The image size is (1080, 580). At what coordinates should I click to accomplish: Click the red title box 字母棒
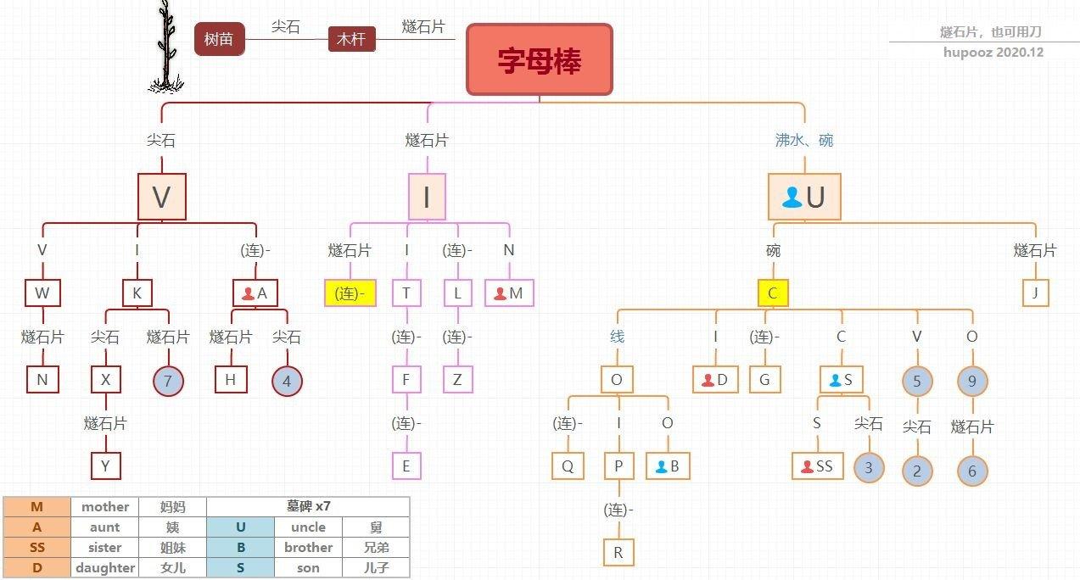(x=540, y=60)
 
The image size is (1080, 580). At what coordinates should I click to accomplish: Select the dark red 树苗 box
(x=219, y=39)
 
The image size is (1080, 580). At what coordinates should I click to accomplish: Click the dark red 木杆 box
(x=351, y=39)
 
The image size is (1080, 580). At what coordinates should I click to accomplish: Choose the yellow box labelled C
(x=773, y=293)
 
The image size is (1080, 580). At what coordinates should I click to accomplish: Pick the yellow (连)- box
(x=350, y=293)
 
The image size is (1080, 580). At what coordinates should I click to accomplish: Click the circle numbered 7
(x=168, y=381)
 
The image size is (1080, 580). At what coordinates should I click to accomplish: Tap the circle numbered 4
(x=287, y=381)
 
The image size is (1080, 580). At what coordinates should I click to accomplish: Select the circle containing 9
(x=972, y=381)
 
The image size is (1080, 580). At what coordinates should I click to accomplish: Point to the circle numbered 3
(x=869, y=467)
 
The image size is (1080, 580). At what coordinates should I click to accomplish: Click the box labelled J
(x=1036, y=293)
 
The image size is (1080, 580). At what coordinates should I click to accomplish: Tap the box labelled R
(x=618, y=553)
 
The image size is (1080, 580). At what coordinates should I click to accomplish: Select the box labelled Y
(x=106, y=466)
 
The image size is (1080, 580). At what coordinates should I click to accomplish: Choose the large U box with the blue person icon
(x=804, y=198)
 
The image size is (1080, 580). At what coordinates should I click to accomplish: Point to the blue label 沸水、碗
(x=804, y=140)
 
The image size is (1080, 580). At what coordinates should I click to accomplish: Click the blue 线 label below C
(x=617, y=337)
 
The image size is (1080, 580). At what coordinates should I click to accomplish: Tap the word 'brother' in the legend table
(x=308, y=548)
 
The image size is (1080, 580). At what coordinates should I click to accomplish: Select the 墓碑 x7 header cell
(x=308, y=507)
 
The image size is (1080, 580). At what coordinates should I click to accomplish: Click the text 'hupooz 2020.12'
(x=993, y=53)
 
